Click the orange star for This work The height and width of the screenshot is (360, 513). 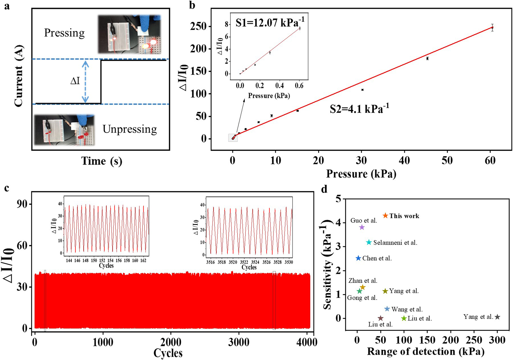click(385, 216)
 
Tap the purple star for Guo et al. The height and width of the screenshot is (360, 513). click(362, 227)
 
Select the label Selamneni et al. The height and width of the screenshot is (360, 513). click(395, 243)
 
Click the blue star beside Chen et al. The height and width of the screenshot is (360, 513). click(358, 258)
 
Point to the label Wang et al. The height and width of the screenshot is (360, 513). click(407, 309)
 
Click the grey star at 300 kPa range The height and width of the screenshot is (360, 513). click(497, 317)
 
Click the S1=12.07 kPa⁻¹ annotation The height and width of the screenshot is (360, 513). click(270, 22)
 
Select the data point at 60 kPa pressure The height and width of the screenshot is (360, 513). click(492, 28)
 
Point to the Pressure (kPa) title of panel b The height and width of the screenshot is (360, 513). click(361, 174)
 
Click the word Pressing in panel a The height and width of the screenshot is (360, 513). click(64, 33)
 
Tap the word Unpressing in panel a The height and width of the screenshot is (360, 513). click(130, 129)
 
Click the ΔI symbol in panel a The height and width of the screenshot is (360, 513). click(75, 81)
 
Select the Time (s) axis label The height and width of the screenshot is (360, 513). click(101, 161)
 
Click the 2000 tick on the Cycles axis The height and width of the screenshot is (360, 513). click(170, 342)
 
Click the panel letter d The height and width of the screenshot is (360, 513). click(324, 189)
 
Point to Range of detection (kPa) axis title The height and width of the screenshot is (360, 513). click(425, 351)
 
